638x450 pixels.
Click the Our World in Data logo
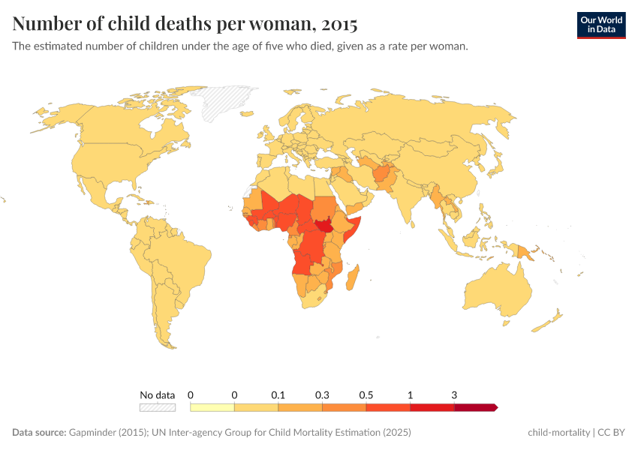(601, 25)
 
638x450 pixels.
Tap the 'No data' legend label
(158, 394)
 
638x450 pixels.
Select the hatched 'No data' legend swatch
(158, 407)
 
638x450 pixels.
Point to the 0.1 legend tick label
(278, 394)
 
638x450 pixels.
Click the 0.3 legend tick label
(323, 394)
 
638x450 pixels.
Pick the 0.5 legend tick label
(366, 394)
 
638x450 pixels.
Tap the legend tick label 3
(454, 394)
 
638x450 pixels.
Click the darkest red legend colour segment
(475, 407)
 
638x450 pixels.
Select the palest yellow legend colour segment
(212, 407)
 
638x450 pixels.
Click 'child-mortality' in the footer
(559, 433)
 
